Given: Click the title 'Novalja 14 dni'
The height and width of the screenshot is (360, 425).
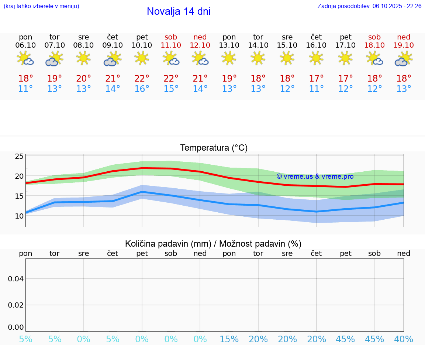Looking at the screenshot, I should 179,11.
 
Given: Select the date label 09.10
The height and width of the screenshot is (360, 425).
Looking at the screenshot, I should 113,45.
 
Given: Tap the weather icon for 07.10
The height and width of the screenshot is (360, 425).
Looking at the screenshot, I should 55,59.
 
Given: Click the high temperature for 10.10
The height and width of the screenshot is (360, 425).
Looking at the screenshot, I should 142,79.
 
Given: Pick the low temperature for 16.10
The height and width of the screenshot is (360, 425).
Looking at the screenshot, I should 316,89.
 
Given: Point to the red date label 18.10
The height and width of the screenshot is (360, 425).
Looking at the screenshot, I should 374,45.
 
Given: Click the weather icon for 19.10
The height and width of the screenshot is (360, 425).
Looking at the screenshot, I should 404,59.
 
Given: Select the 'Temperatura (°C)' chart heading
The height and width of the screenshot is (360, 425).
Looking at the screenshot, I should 214,148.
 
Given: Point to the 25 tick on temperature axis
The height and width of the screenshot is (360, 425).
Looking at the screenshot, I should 19,157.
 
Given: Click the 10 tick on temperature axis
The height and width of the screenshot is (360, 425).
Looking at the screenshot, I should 19,216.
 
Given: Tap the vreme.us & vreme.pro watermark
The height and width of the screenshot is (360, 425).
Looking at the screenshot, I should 315,176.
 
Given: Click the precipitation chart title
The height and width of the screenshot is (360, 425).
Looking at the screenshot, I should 213,244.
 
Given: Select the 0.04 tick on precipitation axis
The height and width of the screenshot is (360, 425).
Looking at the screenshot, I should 16,279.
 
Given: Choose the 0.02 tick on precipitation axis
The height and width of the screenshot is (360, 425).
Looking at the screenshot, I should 16,305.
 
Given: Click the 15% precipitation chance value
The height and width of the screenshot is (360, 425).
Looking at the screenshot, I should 229,339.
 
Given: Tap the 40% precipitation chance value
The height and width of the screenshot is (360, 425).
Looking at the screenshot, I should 404,339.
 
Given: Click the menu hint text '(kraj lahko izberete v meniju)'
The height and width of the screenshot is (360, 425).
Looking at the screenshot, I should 41,6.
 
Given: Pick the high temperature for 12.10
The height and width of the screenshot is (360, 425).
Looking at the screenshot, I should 200,79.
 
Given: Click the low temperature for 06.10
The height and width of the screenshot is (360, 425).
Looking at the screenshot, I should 25,89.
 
